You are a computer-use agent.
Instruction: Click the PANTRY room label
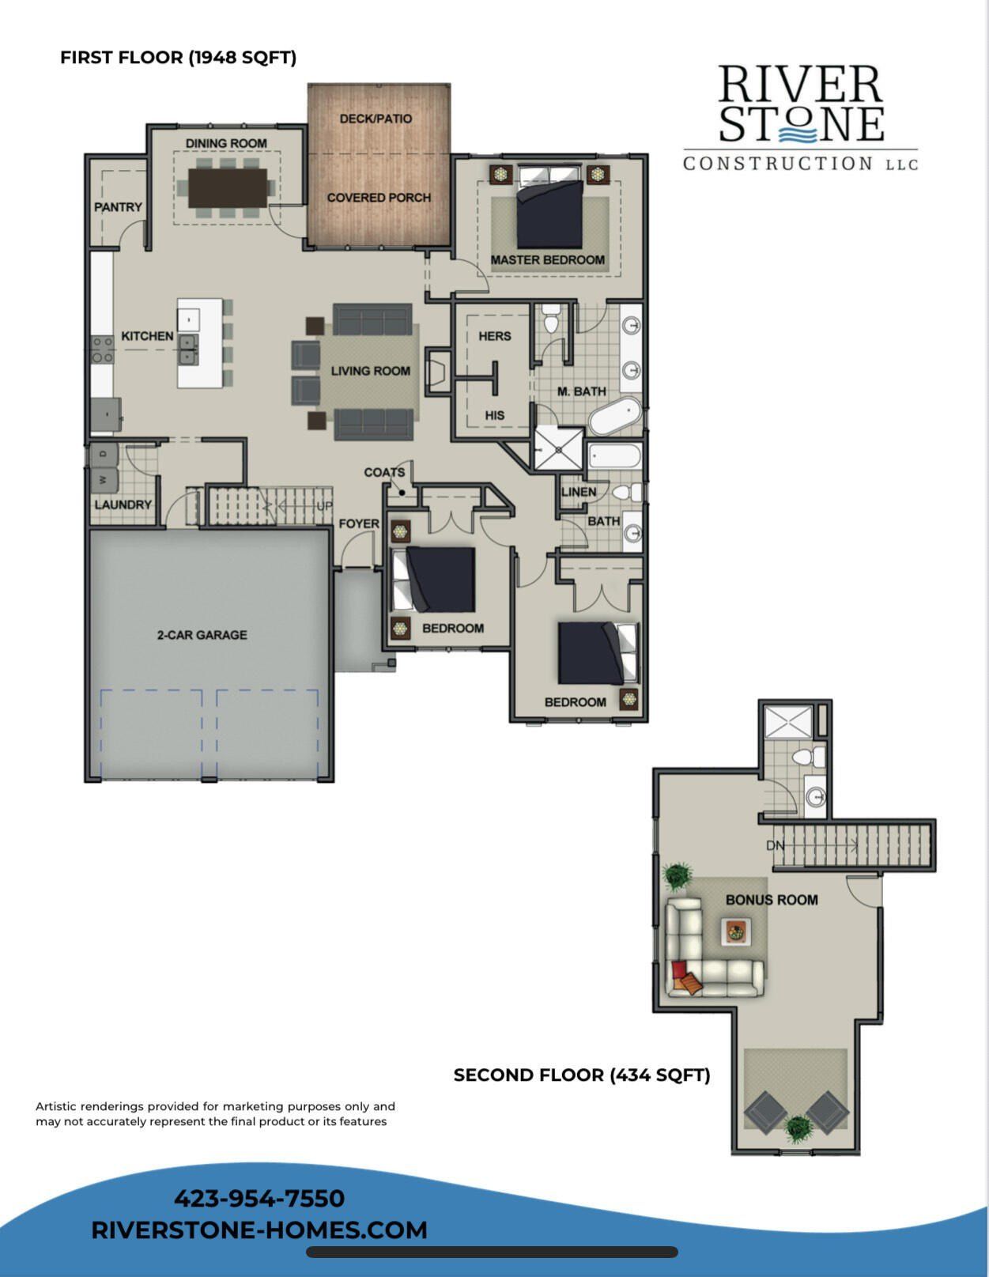[118, 207]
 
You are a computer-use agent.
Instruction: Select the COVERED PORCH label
[379, 198]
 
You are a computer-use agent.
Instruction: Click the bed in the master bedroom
[549, 213]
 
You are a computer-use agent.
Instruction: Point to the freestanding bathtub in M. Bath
[615, 416]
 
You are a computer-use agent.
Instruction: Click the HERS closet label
[495, 336]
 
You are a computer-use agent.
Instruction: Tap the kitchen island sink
[188, 349]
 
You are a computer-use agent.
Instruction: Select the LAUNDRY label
[123, 504]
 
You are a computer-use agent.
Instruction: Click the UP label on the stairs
[324, 506]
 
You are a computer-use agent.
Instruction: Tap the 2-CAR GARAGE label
[202, 635]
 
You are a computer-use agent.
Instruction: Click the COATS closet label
[384, 472]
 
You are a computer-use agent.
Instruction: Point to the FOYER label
[359, 523]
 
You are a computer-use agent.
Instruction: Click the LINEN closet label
[579, 492]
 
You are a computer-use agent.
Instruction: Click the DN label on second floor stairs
[775, 845]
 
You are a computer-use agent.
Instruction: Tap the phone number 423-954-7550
[259, 1198]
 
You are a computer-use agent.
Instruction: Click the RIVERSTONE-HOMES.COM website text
[259, 1230]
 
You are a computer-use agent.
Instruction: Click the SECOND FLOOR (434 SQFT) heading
[582, 1075]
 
